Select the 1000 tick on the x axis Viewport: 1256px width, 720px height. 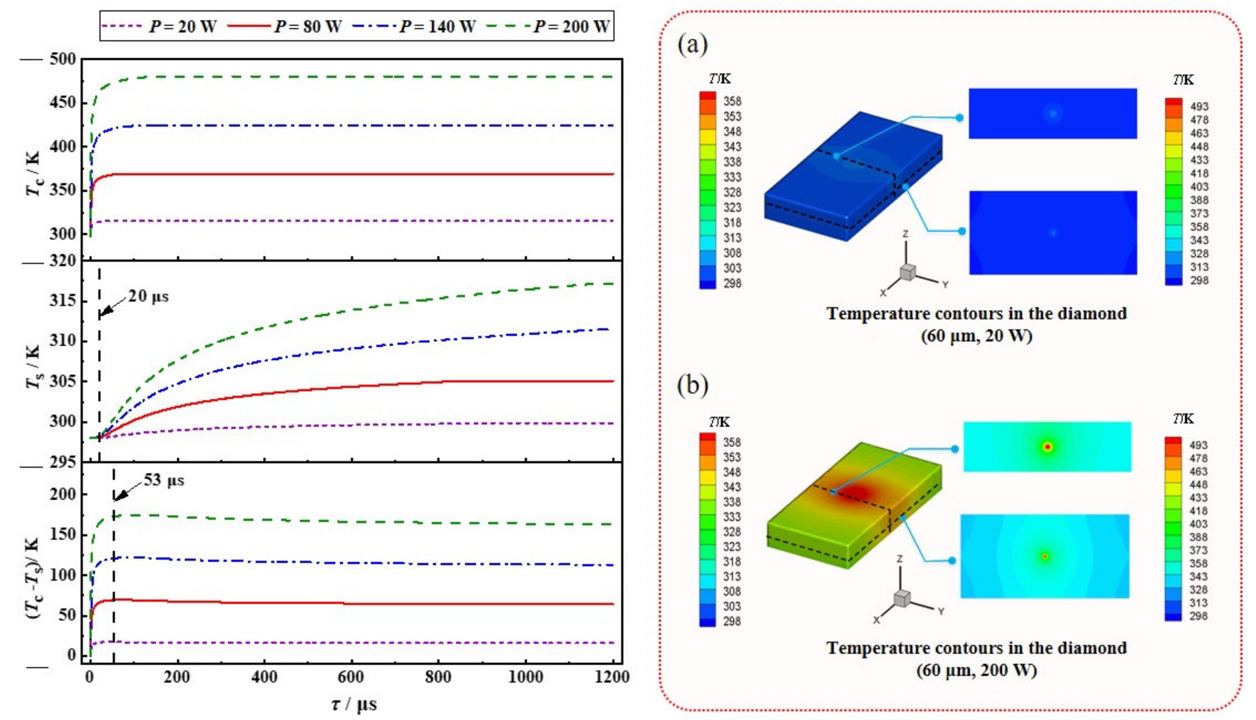click(x=525, y=677)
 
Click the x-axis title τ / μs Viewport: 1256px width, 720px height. click(x=354, y=704)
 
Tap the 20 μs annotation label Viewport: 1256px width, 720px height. click(x=148, y=296)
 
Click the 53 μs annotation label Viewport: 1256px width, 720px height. click(x=164, y=480)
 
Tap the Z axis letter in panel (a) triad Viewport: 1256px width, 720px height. click(x=905, y=233)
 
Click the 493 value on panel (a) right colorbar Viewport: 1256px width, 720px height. click(x=1199, y=106)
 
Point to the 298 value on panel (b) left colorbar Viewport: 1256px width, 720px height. click(x=732, y=621)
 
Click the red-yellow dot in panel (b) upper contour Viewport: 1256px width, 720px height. click(x=1047, y=447)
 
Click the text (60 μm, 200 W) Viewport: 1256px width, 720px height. click(x=976, y=671)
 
